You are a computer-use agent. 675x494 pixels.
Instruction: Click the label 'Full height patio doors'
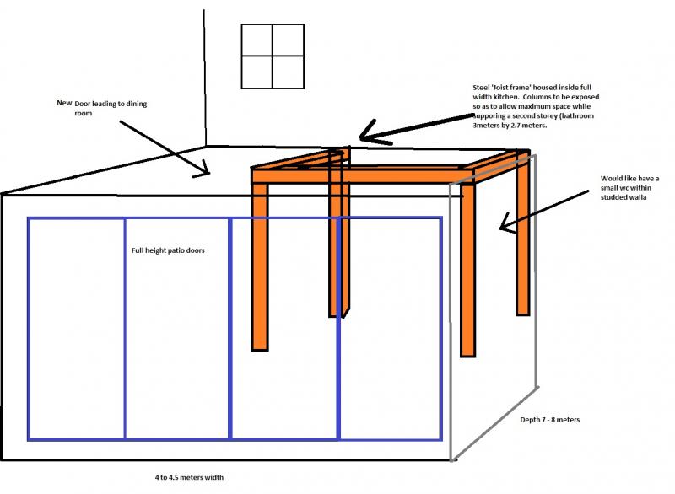point(168,250)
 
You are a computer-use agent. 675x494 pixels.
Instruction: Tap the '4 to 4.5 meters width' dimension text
point(189,477)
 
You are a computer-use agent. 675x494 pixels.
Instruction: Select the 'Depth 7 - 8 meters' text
point(550,420)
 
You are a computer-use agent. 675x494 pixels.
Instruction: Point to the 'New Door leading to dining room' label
point(102,108)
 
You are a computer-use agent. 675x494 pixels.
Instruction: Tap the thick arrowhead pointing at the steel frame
point(370,134)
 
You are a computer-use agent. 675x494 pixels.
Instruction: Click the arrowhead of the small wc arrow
point(505,224)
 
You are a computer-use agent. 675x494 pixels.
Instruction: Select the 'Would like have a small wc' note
point(629,188)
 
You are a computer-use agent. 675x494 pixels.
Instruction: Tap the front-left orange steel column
point(260,267)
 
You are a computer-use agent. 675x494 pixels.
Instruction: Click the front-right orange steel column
point(467,271)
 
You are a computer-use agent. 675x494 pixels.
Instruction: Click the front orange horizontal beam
point(363,177)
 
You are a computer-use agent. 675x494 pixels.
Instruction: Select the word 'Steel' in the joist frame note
point(481,88)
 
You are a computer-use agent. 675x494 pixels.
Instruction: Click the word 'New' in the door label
point(64,103)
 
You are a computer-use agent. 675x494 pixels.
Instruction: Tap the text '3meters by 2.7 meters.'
point(510,126)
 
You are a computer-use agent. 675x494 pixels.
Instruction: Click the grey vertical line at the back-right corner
point(535,271)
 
